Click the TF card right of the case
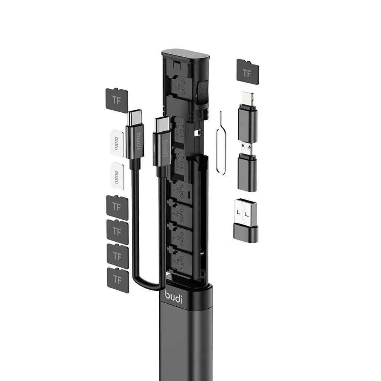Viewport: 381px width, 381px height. (247, 70)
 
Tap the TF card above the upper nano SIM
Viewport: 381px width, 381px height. (116, 100)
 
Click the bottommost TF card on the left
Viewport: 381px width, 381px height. (118, 279)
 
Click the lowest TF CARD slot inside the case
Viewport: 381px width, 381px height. (180, 260)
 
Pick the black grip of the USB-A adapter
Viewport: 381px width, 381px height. (246, 233)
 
